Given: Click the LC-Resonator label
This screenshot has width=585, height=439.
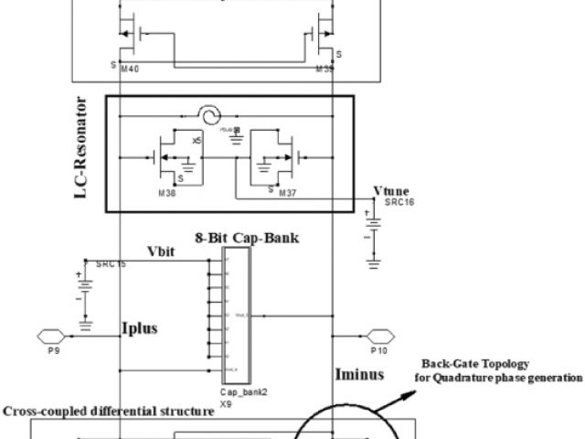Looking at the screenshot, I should (x=91, y=150).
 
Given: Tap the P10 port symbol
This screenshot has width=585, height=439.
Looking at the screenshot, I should (x=379, y=335).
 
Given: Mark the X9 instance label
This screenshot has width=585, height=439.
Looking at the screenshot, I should (x=226, y=402).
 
